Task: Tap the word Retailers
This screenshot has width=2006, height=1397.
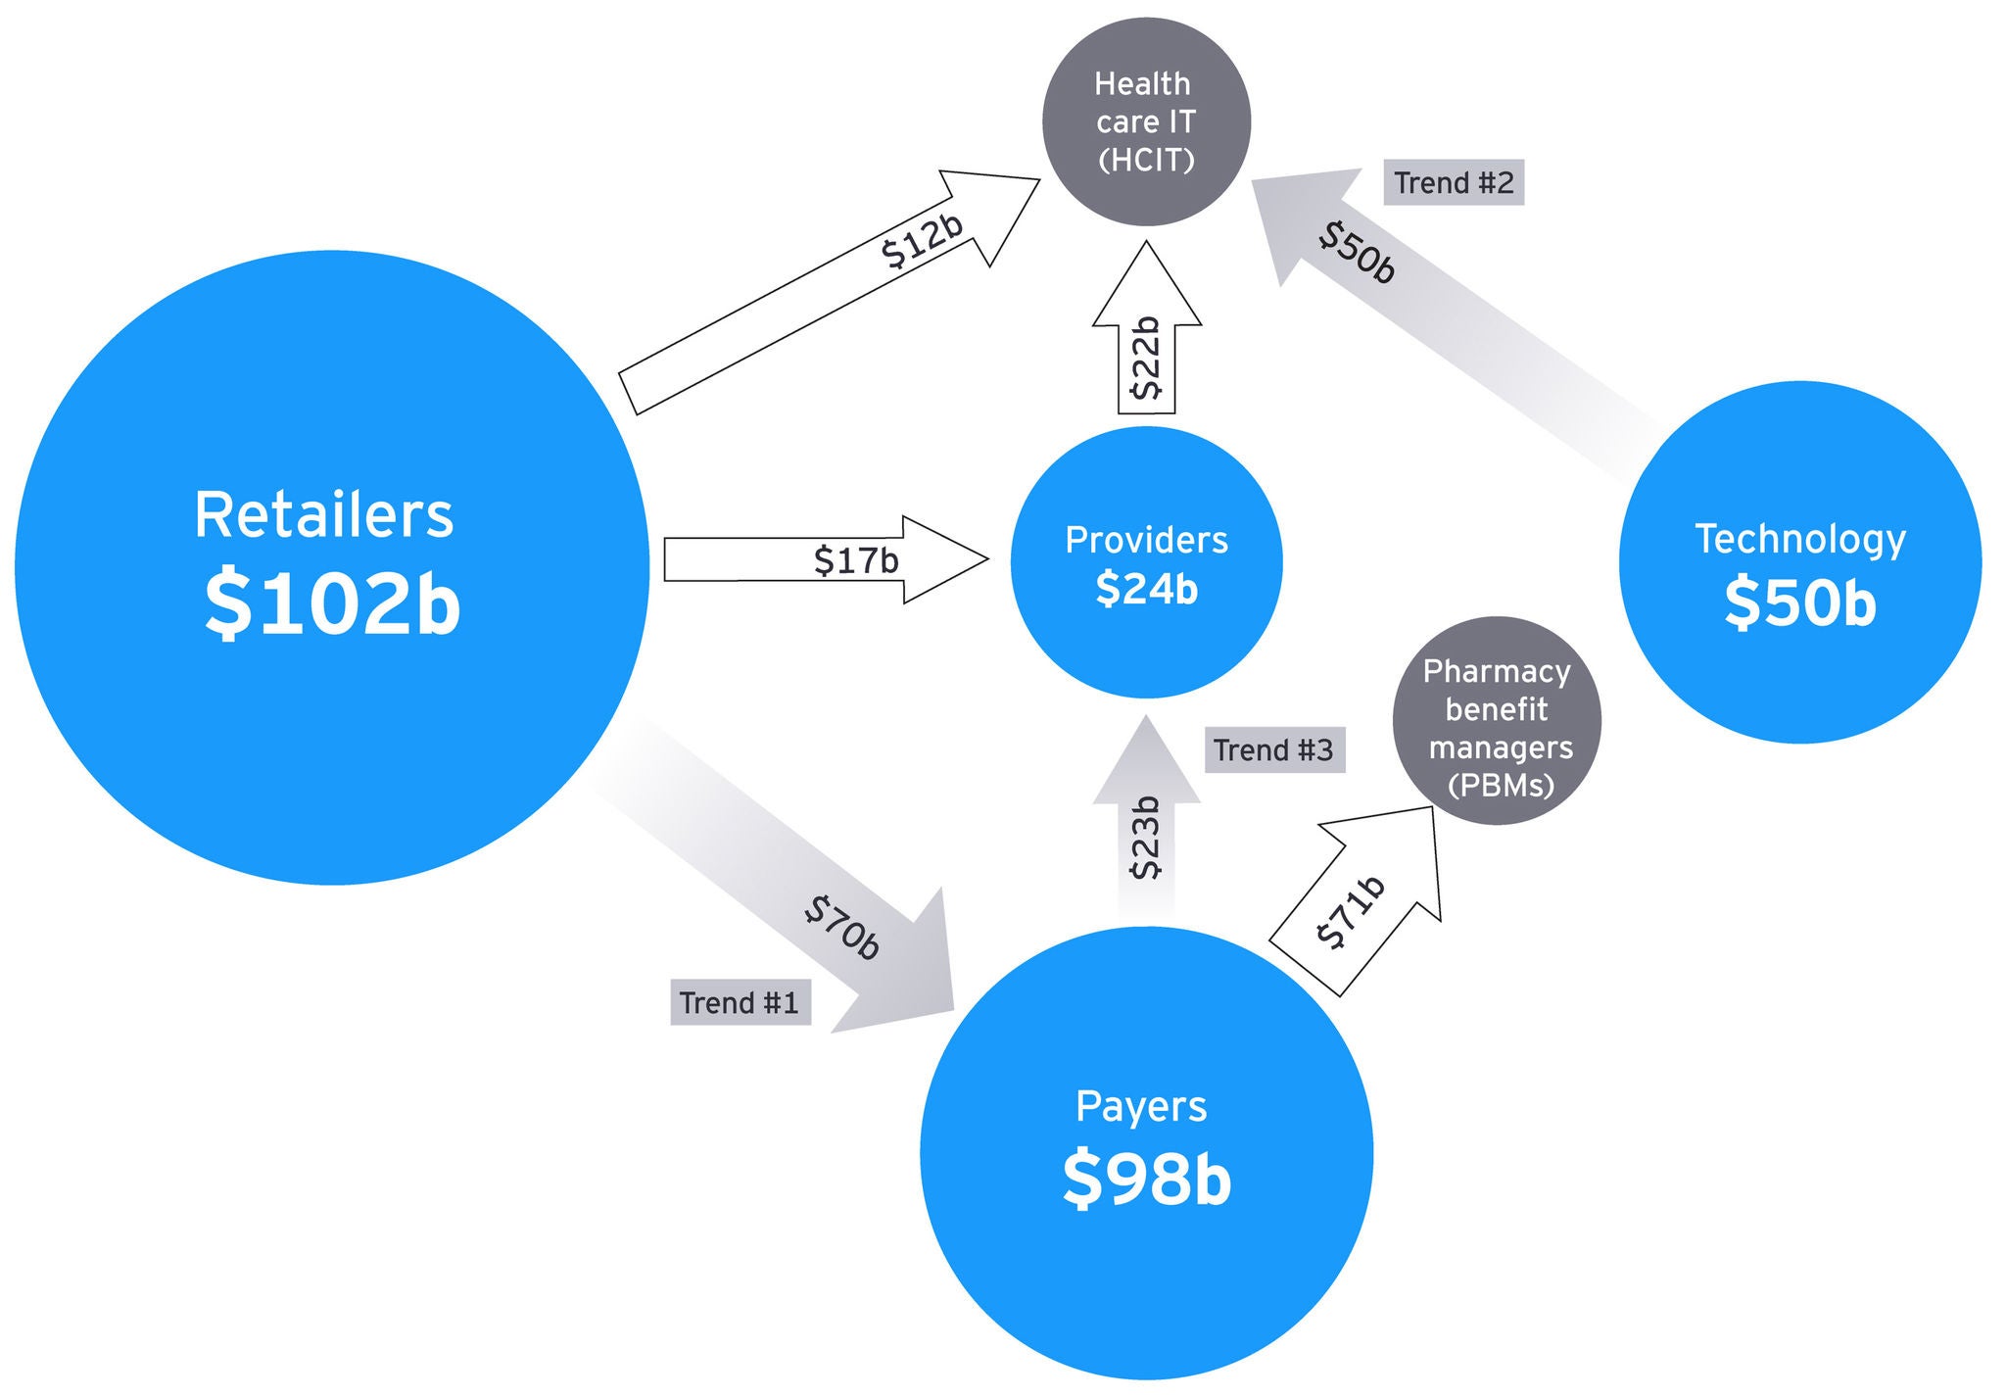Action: tap(324, 515)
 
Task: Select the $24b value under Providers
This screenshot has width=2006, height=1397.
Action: tap(1146, 590)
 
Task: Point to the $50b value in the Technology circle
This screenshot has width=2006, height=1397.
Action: tap(1800, 602)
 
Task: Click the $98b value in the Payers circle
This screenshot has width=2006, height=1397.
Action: tap(1146, 1179)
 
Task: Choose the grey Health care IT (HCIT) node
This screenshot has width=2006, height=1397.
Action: tap(1146, 121)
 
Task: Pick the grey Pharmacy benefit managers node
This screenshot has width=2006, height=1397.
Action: tap(1497, 721)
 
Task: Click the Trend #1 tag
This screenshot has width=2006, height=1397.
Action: tap(740, 1003)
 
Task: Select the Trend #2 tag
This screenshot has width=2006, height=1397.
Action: tap(1454, 183)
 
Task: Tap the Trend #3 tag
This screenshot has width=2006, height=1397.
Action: tap(1273, 750)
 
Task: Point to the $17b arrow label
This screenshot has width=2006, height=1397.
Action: tap(856, 560)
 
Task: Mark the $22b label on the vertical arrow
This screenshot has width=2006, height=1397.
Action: tap(1146, 359)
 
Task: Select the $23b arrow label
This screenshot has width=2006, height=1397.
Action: tap(1146, 839)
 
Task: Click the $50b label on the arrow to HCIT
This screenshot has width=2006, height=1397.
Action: tap(1357, 253)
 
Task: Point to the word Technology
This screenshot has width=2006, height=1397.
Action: tap(1800, 539)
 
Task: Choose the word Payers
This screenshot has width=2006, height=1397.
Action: tap(1141, 1107)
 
